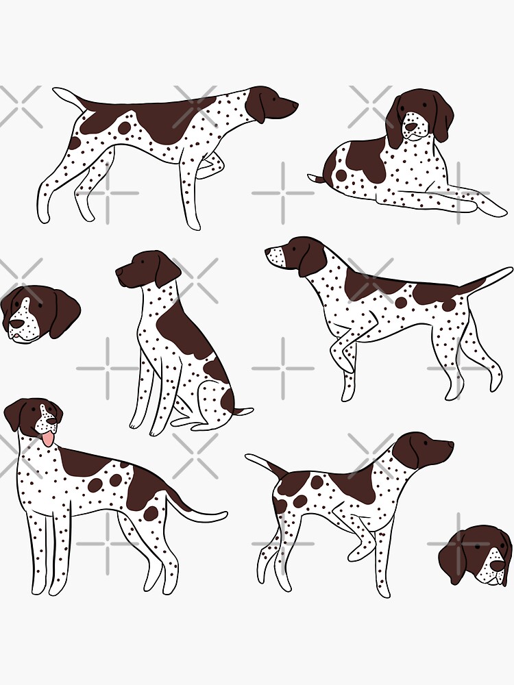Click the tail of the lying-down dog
coord(317,179)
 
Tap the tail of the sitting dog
coord(243,412)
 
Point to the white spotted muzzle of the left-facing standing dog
coord(276,256)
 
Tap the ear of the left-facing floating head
coord(64,312)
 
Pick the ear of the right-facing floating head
coord(454,558)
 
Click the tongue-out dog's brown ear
coord(15,416)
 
